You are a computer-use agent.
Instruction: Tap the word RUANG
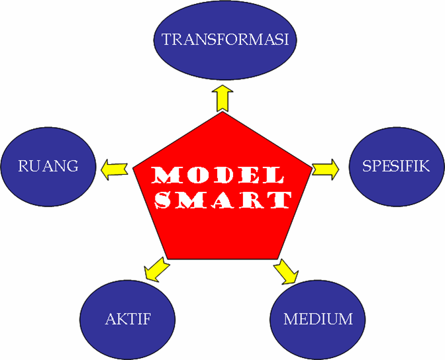48,165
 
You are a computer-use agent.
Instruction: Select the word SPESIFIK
396,165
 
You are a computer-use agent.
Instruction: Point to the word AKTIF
128,319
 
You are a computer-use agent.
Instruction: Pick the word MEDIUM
318,319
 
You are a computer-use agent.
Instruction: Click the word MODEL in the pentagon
218,175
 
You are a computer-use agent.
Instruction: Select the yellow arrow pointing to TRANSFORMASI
222,98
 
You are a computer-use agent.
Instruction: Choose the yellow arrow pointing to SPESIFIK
325,169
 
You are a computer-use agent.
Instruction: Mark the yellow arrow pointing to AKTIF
156,268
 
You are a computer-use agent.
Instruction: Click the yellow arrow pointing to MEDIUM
286,269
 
